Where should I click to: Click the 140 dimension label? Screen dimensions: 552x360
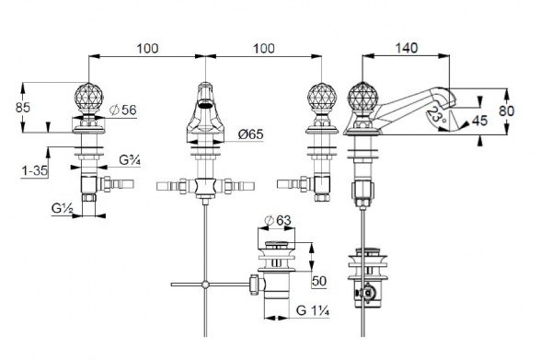click(407, 48)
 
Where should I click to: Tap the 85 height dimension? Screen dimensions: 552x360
click(23, 108)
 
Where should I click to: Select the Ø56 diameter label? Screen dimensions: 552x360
click(123, 110)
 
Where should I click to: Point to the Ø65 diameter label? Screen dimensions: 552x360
click(250, 134)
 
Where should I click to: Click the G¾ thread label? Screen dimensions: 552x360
click(130, 160)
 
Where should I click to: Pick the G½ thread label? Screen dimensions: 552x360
click(62, 208)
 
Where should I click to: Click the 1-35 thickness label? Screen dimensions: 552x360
click(35, 171)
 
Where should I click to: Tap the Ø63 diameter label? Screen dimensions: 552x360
click(278, 220)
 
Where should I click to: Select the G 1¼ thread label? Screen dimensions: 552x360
click(313, 310)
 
